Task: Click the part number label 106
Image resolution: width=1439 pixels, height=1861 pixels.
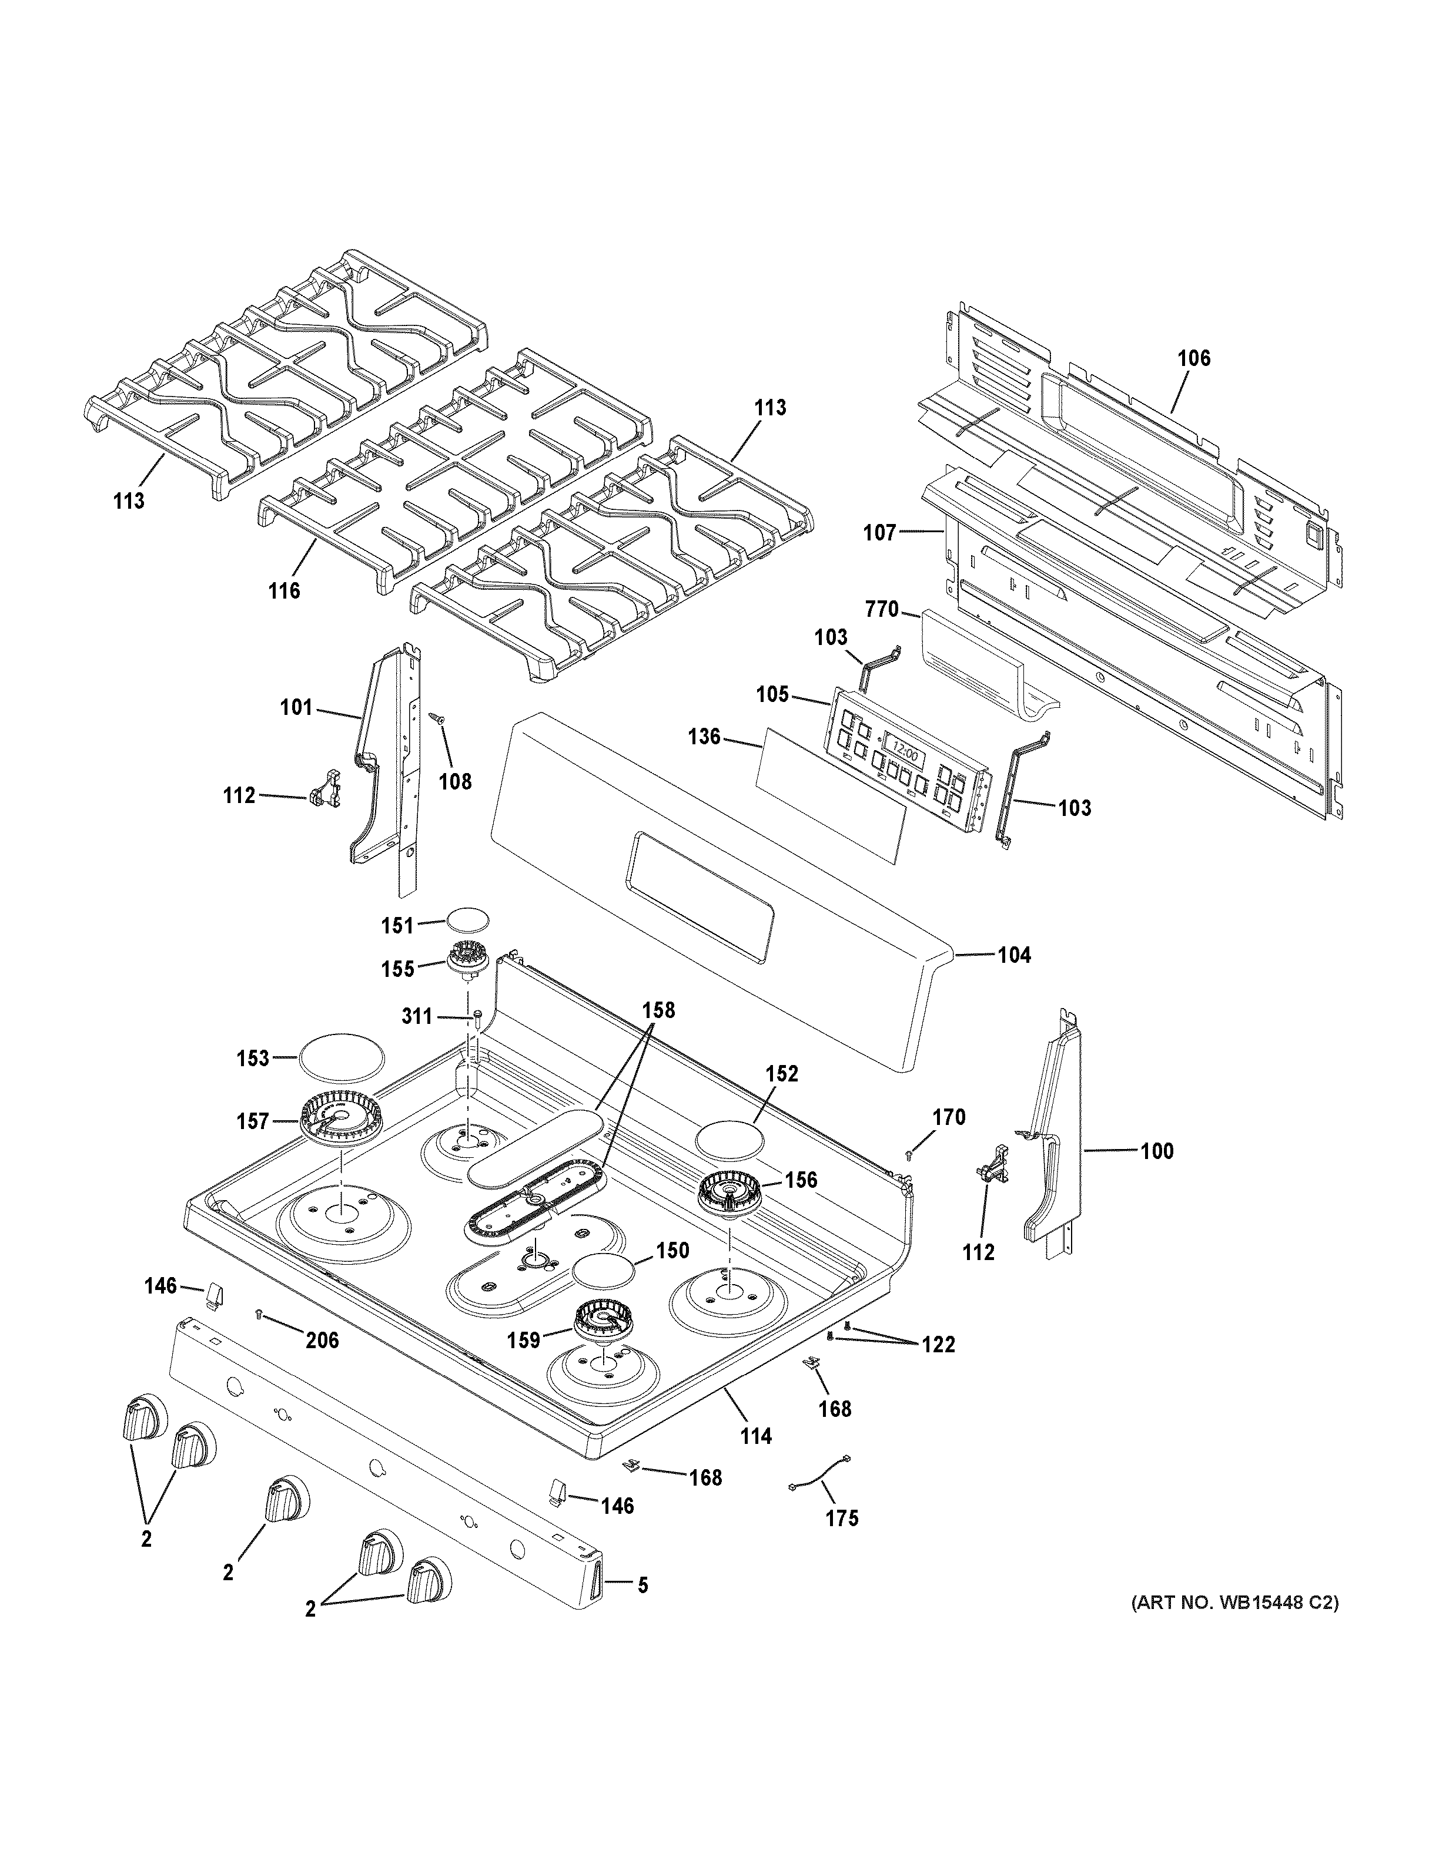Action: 1193,359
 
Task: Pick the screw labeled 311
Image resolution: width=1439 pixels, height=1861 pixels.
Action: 477,1016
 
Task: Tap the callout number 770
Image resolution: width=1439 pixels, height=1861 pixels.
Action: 882,609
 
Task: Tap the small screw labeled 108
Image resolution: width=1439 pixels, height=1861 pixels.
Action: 437,720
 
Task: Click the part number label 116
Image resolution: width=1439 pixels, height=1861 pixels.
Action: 284,590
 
